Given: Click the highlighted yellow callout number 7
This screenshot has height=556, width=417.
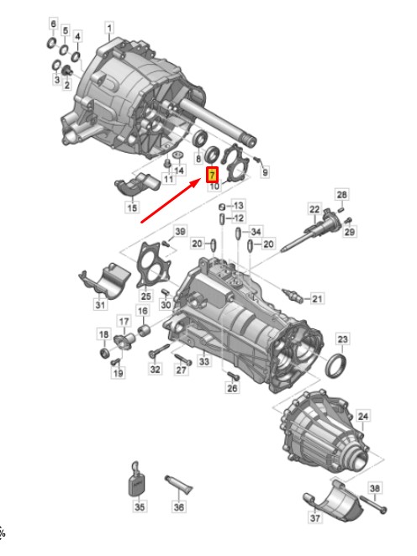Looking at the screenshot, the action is point(212,175).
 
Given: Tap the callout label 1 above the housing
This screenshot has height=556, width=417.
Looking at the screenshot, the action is point(109,28).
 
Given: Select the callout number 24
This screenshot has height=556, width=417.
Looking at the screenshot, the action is point(362,416).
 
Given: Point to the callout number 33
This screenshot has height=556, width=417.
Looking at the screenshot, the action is point(204,361).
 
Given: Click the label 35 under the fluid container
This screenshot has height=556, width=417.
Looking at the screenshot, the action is point(140,506).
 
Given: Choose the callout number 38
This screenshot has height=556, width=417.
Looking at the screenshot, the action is point(374,488).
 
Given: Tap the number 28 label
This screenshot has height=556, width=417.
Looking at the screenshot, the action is point(342,194).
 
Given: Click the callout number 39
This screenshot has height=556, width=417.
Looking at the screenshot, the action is point(180,232).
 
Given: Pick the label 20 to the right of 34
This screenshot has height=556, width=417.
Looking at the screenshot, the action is point(269,244).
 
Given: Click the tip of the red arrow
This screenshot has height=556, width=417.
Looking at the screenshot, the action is point(201,181).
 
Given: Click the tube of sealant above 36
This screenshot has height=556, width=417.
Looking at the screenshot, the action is point(178,486).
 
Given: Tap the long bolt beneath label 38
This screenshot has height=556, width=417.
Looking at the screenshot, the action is point(373,505).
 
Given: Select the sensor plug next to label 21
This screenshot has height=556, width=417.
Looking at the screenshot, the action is point(293,296).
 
